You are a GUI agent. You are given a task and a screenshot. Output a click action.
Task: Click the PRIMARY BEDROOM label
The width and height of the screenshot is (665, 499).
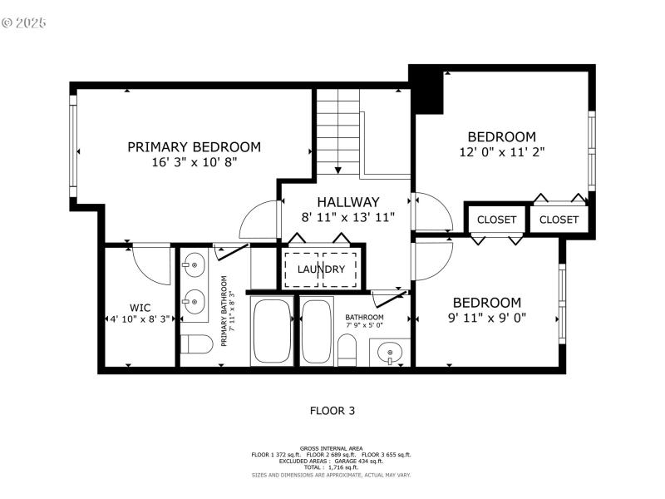click(x=194, y=147)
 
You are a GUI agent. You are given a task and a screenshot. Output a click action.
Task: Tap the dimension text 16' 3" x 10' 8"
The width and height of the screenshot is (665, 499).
click(x=194, y=163)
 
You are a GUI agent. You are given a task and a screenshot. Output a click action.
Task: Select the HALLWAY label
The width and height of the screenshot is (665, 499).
click(x=347, y=202)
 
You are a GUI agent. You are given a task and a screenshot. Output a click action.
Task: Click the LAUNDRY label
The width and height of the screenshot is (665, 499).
click(x=321, y=269)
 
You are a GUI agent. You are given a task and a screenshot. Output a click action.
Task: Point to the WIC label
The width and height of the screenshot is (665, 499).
click(x=140, y=306)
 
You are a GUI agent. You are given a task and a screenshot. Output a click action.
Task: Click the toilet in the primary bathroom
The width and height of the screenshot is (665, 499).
click(x=197, y=344)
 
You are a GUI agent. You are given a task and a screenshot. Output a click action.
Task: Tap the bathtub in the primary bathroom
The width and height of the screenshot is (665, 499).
click(x=270, y=331)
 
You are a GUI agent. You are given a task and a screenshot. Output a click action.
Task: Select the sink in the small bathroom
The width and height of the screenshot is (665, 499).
click(x=389, y=353)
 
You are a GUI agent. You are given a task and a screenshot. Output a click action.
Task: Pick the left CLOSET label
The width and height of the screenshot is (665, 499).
click(x=496, y=220)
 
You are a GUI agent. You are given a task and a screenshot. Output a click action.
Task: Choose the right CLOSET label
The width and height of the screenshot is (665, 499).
click(x=559, y=220)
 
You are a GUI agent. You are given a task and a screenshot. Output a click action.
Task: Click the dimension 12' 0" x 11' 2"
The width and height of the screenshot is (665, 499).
click(x=501, y=152)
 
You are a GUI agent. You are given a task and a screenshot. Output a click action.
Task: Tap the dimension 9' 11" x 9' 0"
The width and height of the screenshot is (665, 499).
click(x=486, y=318)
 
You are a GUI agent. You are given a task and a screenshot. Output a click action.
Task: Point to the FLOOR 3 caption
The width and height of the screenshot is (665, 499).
click(x=332, y=410)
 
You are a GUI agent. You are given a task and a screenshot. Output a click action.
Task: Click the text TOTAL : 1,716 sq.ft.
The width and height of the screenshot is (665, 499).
click(x=332, y=467)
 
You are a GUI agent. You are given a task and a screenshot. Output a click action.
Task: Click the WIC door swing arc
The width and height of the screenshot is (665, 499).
click(x=150, y=264)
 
